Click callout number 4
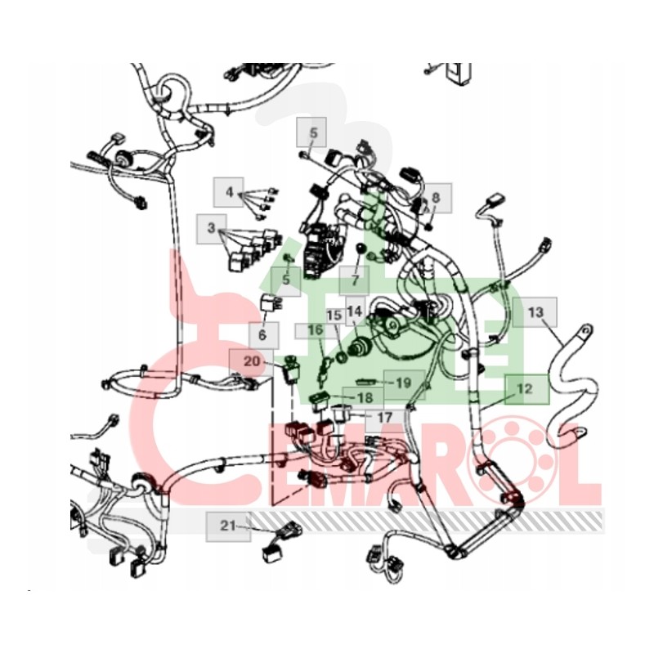[x=230, y=193]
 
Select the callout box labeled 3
[x=211, y=228]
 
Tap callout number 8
[x=436, y=197]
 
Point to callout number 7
[x=355, y=280]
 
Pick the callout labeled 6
[x=263, y=334]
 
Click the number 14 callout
[x=354, y=311]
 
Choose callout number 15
[x=334, y=315]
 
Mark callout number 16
[x=316, y=330]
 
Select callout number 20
[x=252, y=361]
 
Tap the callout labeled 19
[x=403, y=382]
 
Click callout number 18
[x=365, y=397]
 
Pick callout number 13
[x=535, y=311]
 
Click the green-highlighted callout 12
[x=524, y=389]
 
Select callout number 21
[x=226, y=525]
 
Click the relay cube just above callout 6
[x=271, y=302]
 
